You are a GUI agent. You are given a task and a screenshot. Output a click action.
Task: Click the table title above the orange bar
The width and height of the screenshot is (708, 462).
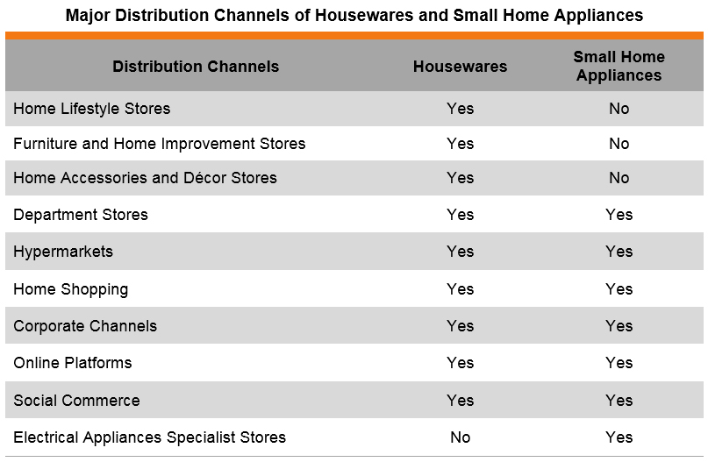(354, 15)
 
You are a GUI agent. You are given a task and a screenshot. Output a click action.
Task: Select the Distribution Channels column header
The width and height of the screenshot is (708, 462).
(196, 67)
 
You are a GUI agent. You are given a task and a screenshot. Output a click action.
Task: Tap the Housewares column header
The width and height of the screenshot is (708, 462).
(460, 67)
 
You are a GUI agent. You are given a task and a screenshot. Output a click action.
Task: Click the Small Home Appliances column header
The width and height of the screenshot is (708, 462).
(619, 66)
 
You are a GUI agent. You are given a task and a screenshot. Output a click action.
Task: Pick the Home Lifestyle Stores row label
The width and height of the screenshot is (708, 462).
(91, 109)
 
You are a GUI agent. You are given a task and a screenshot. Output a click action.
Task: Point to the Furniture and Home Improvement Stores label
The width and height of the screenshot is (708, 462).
(160, 144)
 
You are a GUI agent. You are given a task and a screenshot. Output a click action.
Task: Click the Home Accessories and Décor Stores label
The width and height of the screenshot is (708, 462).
(145, 178)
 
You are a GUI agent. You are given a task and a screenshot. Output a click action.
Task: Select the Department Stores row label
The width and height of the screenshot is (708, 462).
(81, 215)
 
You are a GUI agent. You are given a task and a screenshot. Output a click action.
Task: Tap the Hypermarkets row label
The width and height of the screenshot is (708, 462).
(63, 252)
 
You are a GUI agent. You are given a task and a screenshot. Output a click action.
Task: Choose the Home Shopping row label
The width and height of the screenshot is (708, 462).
(71, 289)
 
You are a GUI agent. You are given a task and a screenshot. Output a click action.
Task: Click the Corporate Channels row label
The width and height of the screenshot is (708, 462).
(85, 326)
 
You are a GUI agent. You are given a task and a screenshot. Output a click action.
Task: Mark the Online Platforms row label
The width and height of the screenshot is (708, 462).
(73, 363)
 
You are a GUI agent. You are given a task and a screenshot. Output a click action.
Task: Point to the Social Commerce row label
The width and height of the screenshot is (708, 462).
(76, 400)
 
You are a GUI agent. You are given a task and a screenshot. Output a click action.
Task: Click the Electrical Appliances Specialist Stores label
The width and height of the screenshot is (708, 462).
(149, 437)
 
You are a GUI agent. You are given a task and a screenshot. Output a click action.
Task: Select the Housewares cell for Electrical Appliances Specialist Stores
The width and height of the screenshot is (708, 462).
(460, 437)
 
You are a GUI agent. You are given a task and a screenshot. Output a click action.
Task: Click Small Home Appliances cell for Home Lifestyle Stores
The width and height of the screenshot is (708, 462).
(619, 109)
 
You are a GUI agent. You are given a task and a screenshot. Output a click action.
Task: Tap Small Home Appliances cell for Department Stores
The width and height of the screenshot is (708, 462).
(619, 215)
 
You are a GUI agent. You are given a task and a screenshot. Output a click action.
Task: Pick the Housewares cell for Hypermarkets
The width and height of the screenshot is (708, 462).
(460, 252)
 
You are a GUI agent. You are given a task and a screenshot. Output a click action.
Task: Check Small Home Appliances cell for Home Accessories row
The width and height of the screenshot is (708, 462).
(619, 178)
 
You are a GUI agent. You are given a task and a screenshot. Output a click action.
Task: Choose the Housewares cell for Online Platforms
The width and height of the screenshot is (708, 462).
(460, 363)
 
